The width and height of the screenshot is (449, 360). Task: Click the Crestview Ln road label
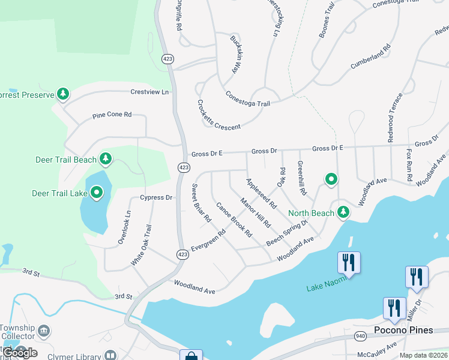(x=150, y=92)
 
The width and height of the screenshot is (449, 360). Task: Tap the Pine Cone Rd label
(x=112, y=115)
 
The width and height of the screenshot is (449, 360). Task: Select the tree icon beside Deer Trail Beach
(x=106, y=158)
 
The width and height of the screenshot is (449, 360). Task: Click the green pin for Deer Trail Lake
(x=97, y=193)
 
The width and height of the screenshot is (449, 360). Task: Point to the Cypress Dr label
(x=156, y=197)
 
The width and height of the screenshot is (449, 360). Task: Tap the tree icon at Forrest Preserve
(x=63, y=94)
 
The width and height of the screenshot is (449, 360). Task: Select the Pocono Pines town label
(x=402, y=330)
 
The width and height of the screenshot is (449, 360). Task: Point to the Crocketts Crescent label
(x=218, y=114)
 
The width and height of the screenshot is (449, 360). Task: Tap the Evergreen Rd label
(x=208, y=240)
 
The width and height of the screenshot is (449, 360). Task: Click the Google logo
(x=20, y=352)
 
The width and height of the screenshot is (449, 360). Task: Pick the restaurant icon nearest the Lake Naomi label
(x=349, y=262)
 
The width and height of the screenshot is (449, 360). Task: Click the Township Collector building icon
(x=43, y=331)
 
